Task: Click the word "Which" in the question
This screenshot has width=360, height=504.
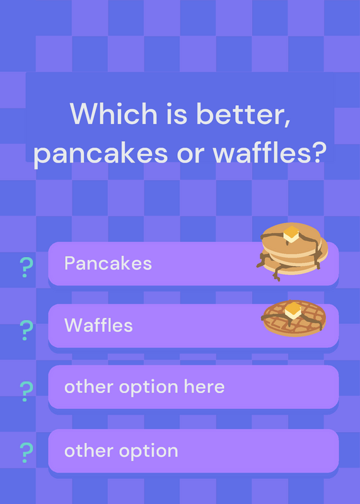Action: pos(113,113)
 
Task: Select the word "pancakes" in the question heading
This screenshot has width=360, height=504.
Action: pos(101,154)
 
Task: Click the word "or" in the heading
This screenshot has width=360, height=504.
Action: pos(190,154)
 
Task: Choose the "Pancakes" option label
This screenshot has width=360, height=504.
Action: pos(108,263)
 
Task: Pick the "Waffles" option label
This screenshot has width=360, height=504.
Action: pos(98,325)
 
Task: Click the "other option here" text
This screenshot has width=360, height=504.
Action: pos(144,387)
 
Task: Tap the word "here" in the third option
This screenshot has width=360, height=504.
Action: pos(204,386)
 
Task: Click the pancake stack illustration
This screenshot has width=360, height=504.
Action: pos(292,251)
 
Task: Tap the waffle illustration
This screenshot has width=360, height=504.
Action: pos(294,318)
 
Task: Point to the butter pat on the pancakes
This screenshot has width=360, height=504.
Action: pos(291,234)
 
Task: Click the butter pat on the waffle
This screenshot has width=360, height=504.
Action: pos(293,310)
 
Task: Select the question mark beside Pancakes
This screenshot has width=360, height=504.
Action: pos(26,267)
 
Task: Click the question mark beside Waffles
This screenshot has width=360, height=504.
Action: pos(26,330)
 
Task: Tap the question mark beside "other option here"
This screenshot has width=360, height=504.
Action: pos(26,391)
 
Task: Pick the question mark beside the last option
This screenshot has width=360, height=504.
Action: pos(26,452)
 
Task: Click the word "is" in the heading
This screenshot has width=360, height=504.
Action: pos(177,114)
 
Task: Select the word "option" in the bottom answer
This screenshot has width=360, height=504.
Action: pos(149,451)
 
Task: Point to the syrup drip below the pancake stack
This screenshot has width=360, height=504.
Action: pos(277,274)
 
